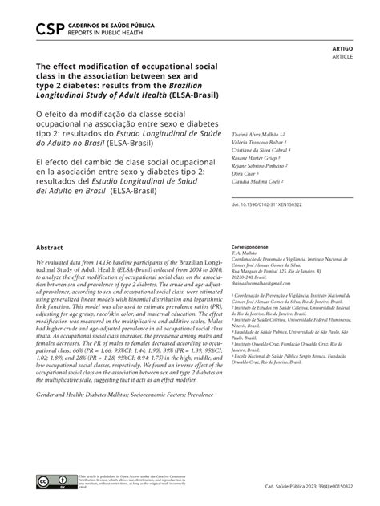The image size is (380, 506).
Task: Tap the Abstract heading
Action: pos(50,248)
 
